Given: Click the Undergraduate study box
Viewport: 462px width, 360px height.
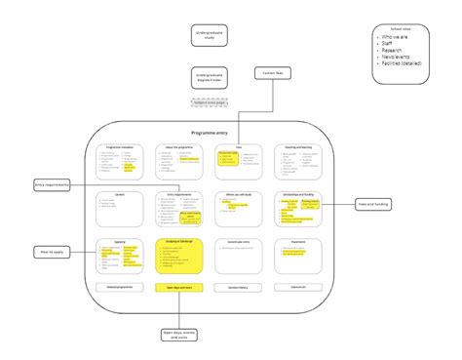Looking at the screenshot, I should tap(209, 37).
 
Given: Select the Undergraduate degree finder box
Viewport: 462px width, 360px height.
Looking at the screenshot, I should tap(209, 76).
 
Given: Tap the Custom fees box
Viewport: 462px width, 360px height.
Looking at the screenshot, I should tap(275, 73).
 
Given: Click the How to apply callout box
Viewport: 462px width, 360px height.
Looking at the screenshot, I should tap(49, 251).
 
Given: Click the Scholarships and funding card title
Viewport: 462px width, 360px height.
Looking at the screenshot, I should tap(298, 194).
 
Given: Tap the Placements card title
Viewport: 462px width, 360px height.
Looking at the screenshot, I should tap(298, 241).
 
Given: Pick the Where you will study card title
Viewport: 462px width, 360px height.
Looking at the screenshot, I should tap(239, 194).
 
